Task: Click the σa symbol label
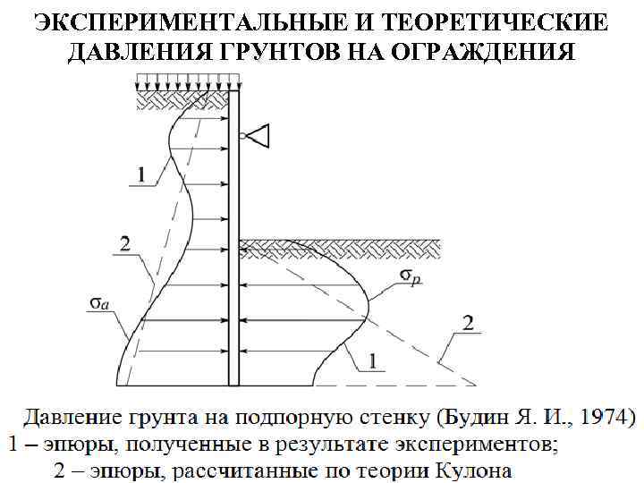99,304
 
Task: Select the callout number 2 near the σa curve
125,243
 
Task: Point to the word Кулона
469,468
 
